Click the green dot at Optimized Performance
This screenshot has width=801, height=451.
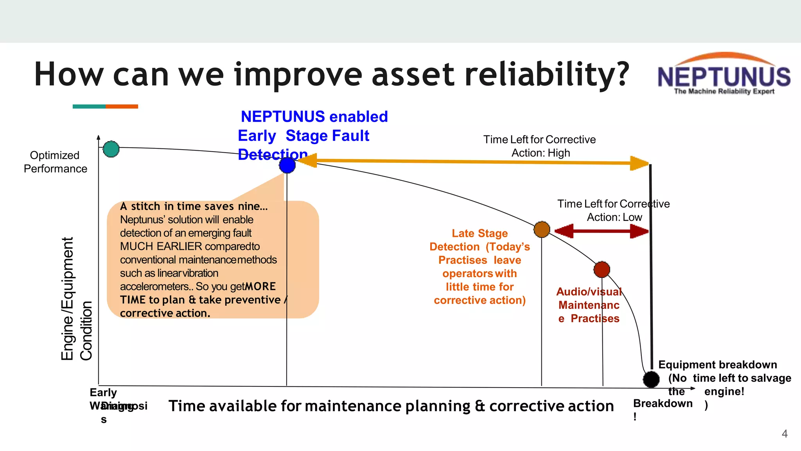coord(111,149)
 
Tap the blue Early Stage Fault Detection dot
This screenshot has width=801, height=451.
coord(287,165)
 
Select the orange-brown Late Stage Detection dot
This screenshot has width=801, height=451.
coord(542,229)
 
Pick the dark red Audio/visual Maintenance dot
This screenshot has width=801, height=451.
coord(602,269)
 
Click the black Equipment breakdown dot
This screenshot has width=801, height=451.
coord(651,379)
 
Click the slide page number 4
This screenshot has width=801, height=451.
coord(784,434)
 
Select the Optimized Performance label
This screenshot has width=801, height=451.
coord(55,162)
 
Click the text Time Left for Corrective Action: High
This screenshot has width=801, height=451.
coord(540,146)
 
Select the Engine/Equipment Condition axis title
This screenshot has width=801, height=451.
coord(76,298)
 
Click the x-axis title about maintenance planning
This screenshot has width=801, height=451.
coord(391,406)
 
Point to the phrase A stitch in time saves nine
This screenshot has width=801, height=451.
coord(194,206)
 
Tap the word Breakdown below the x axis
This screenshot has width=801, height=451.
coord(663,404)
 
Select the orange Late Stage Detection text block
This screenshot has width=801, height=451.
coord(480,267)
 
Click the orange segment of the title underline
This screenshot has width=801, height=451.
coord(122,106)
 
